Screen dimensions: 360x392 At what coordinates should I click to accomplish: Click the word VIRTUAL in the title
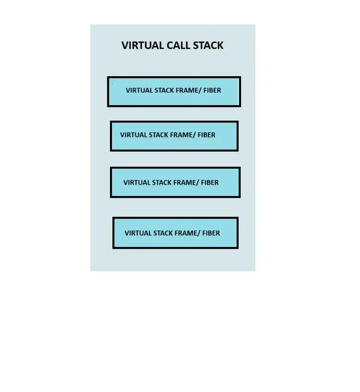143,46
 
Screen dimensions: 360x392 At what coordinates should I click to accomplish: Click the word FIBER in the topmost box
212,90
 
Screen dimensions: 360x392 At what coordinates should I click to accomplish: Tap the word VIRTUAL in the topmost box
139,90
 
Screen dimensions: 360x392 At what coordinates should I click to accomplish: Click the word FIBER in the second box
207,135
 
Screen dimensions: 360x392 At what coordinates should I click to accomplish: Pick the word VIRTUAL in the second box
133,135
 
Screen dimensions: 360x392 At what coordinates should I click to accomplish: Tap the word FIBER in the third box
210,182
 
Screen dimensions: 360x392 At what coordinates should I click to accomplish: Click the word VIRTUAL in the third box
136,182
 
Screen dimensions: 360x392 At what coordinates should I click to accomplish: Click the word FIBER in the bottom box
211,233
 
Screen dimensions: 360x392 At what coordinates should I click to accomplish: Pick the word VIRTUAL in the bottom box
138,233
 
